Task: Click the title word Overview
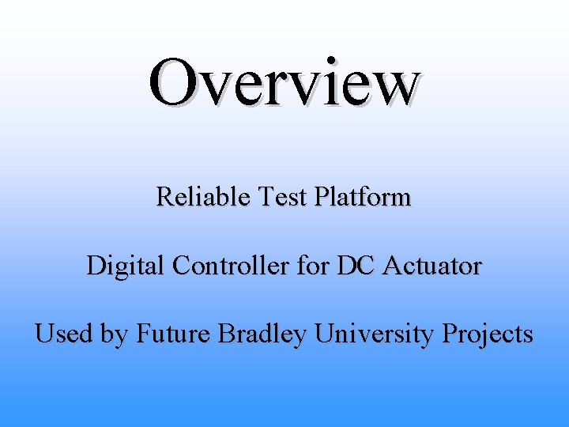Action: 284,83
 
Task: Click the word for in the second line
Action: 315,266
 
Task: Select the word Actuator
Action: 431,266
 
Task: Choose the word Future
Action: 174,334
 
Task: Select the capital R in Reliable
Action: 164,196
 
